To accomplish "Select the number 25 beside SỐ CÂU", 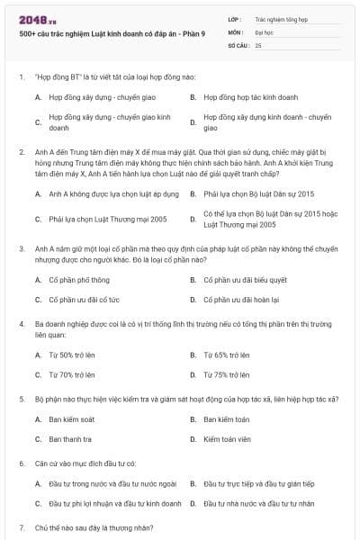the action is [258, 44].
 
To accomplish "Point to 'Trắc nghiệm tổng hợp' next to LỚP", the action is [279, 18].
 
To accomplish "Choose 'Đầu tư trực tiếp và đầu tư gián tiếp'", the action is [258, 483].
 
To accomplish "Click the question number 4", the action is [21, 322].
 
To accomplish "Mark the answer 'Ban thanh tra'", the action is [71, 439].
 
